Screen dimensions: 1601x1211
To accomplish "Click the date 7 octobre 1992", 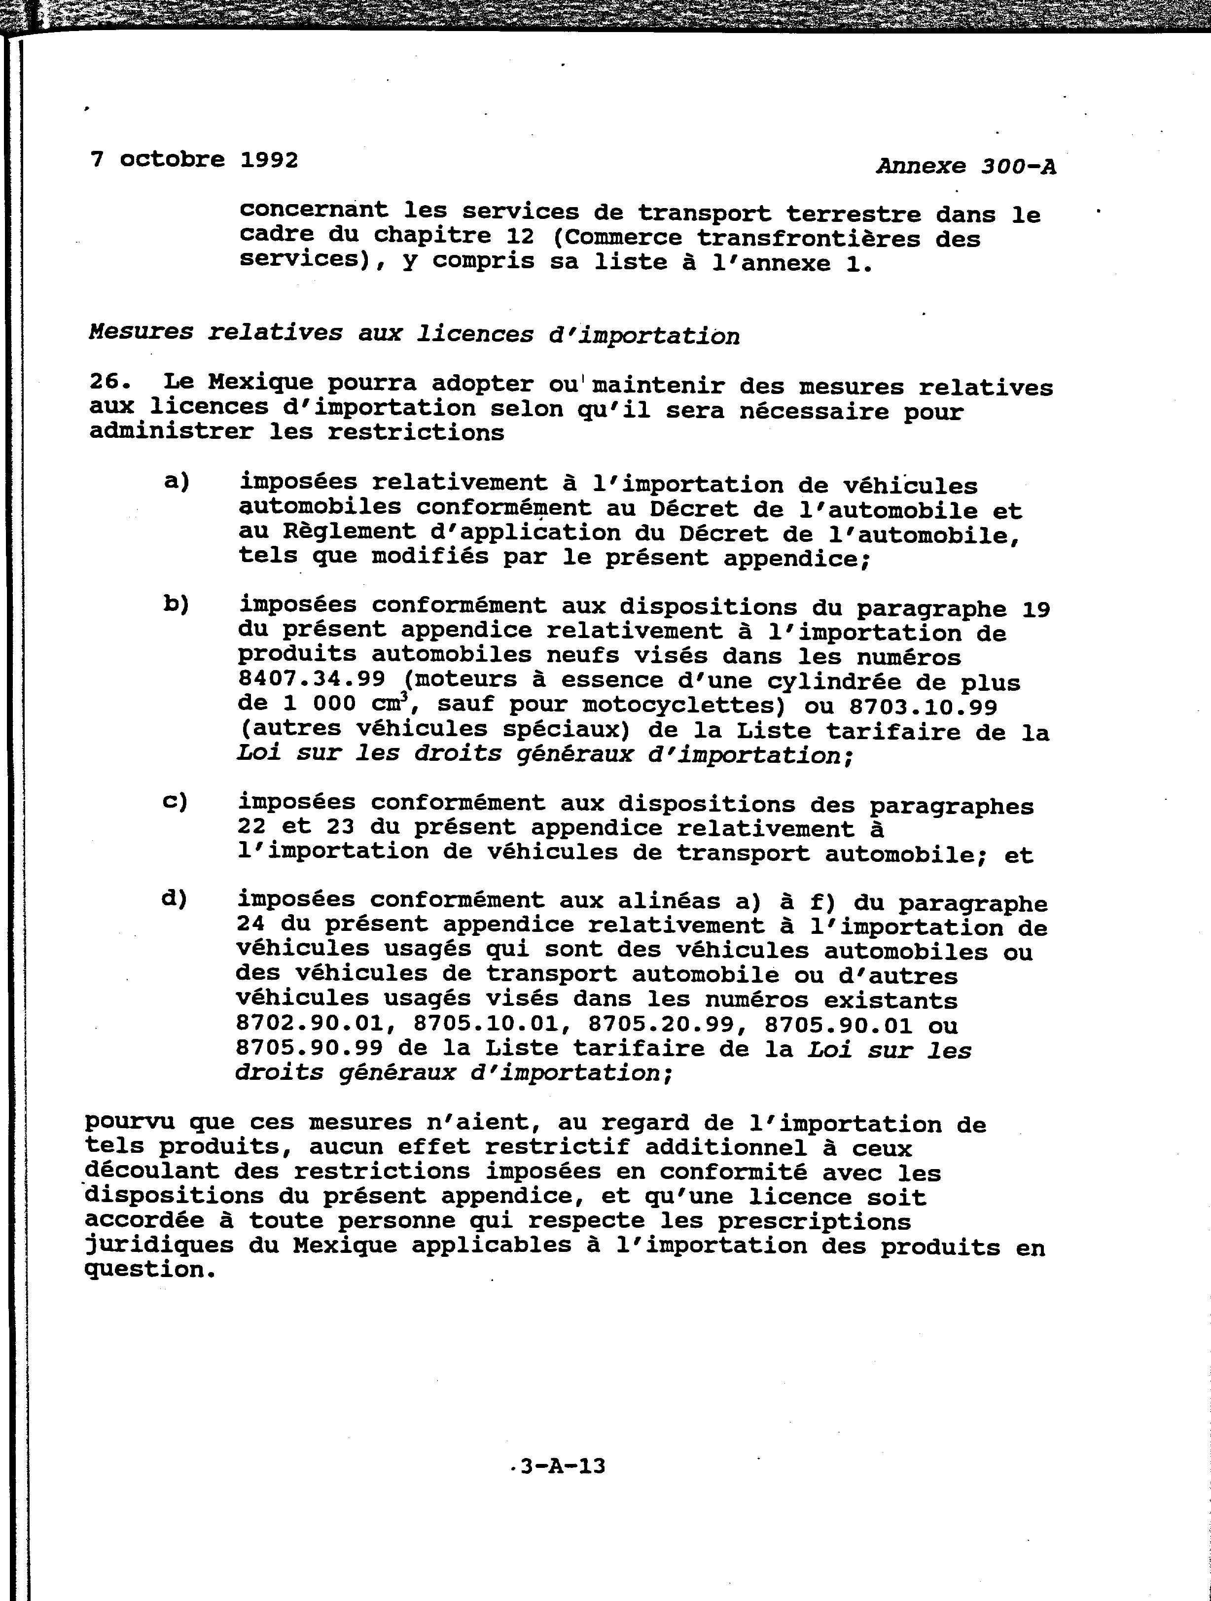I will pos(194,159).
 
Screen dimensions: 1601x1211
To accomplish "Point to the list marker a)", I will pos(177,481).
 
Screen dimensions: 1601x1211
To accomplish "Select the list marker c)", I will pos(175,801).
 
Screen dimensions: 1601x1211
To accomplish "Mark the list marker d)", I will pos(175,899).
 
